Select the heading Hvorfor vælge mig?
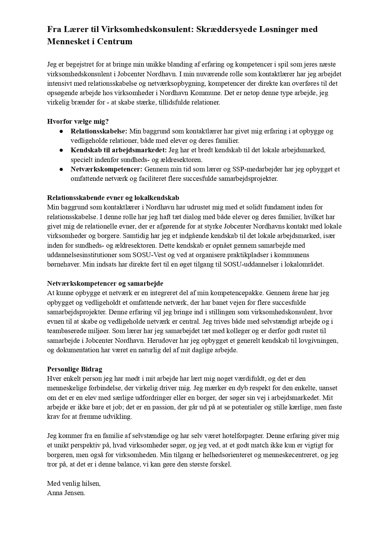[78, 122]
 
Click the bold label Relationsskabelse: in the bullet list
[99, 131]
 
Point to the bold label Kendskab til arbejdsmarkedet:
[118, 150]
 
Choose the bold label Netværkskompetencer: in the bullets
[106, 169]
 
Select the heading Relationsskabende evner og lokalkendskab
[113, 198]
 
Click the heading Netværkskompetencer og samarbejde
[105, 284]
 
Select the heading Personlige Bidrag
[74, 369]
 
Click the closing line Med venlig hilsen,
[74, 483]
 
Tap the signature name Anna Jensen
[66, 493]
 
